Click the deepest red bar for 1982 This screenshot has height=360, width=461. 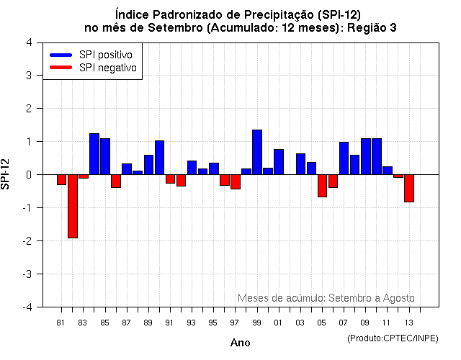[73, 206]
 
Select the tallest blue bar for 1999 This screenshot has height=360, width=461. [257, 152]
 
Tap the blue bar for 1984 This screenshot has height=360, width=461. [94, 154]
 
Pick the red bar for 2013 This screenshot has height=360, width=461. [409, 188]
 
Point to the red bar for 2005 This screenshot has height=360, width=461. [322, 186]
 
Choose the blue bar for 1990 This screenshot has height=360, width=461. [159, 158]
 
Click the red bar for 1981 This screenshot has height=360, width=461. [62, 179]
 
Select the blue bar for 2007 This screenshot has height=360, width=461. [344, 158]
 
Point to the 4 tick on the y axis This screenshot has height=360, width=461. [28, 42]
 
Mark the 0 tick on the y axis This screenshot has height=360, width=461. [28, 174]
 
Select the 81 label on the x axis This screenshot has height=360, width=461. [61, 323]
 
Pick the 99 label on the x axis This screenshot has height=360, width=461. [256, 323]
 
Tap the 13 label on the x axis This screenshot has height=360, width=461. [408, 323]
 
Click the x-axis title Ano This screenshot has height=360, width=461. [240, 343]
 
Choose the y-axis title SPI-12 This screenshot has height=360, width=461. [6, 174]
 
